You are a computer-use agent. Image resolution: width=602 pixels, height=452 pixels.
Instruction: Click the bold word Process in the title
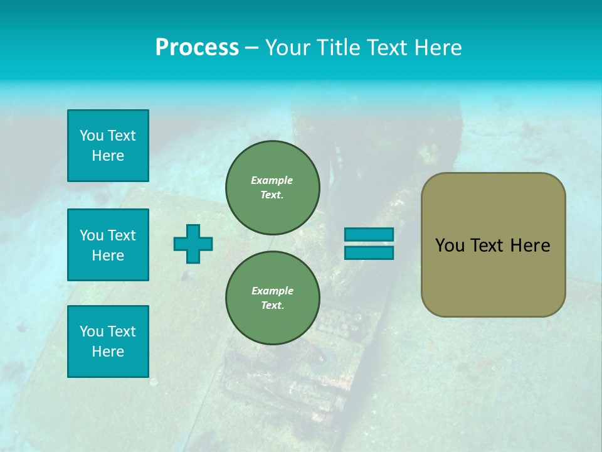[x=197, y=48]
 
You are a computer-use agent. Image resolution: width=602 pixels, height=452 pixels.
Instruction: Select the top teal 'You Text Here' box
[x=108, y=146]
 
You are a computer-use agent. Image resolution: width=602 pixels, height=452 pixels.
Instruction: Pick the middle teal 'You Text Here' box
[x=108, y=245]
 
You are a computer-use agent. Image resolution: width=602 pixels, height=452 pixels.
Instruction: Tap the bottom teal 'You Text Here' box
[x=108, y=342]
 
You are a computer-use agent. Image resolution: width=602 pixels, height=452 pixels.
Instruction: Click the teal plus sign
[x=193, y=244]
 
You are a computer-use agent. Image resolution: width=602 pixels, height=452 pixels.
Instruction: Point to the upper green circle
[x=272, y=187]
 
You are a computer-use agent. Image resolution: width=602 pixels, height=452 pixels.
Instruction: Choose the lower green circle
[x=272, y=298]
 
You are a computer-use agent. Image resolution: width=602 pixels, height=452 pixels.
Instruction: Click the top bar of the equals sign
[x=369, y=235]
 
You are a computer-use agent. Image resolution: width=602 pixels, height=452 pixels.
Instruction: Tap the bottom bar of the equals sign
[x=369, y=252]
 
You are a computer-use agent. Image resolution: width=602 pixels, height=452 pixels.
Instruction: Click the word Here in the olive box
[x=530, y=245]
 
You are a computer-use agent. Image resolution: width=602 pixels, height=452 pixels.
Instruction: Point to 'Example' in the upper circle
[x=272, y=180]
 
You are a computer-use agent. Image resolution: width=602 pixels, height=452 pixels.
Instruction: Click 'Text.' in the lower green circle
[x=272, y=306]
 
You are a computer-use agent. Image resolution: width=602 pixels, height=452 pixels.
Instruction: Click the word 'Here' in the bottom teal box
[x=108, y=352]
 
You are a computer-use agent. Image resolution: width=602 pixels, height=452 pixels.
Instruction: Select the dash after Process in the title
[x=251, y=48]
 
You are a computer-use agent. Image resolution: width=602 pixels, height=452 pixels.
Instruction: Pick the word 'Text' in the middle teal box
[x=122, y=235]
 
